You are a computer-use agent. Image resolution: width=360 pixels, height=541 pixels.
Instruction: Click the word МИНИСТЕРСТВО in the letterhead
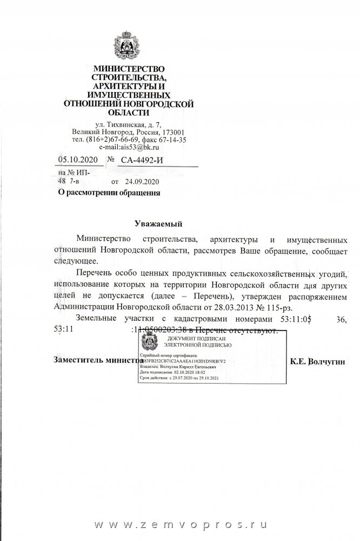128,69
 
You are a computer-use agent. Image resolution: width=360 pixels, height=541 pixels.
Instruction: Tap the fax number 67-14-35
173,140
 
